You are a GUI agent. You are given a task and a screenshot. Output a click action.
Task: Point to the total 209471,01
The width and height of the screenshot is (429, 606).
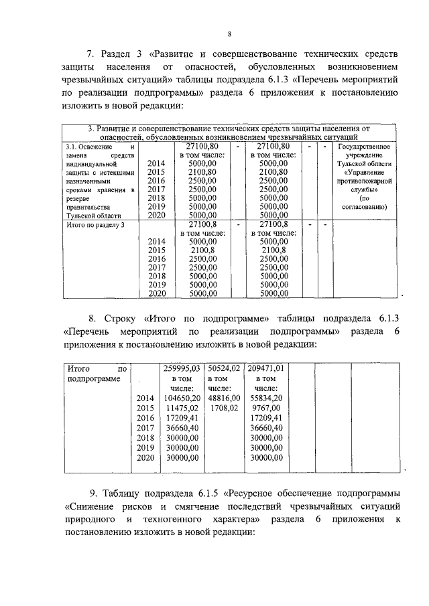266,368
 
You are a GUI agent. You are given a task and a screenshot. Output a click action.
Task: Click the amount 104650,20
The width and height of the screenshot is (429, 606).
182,397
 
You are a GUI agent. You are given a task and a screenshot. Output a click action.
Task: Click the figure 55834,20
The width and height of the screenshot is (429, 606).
266,397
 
